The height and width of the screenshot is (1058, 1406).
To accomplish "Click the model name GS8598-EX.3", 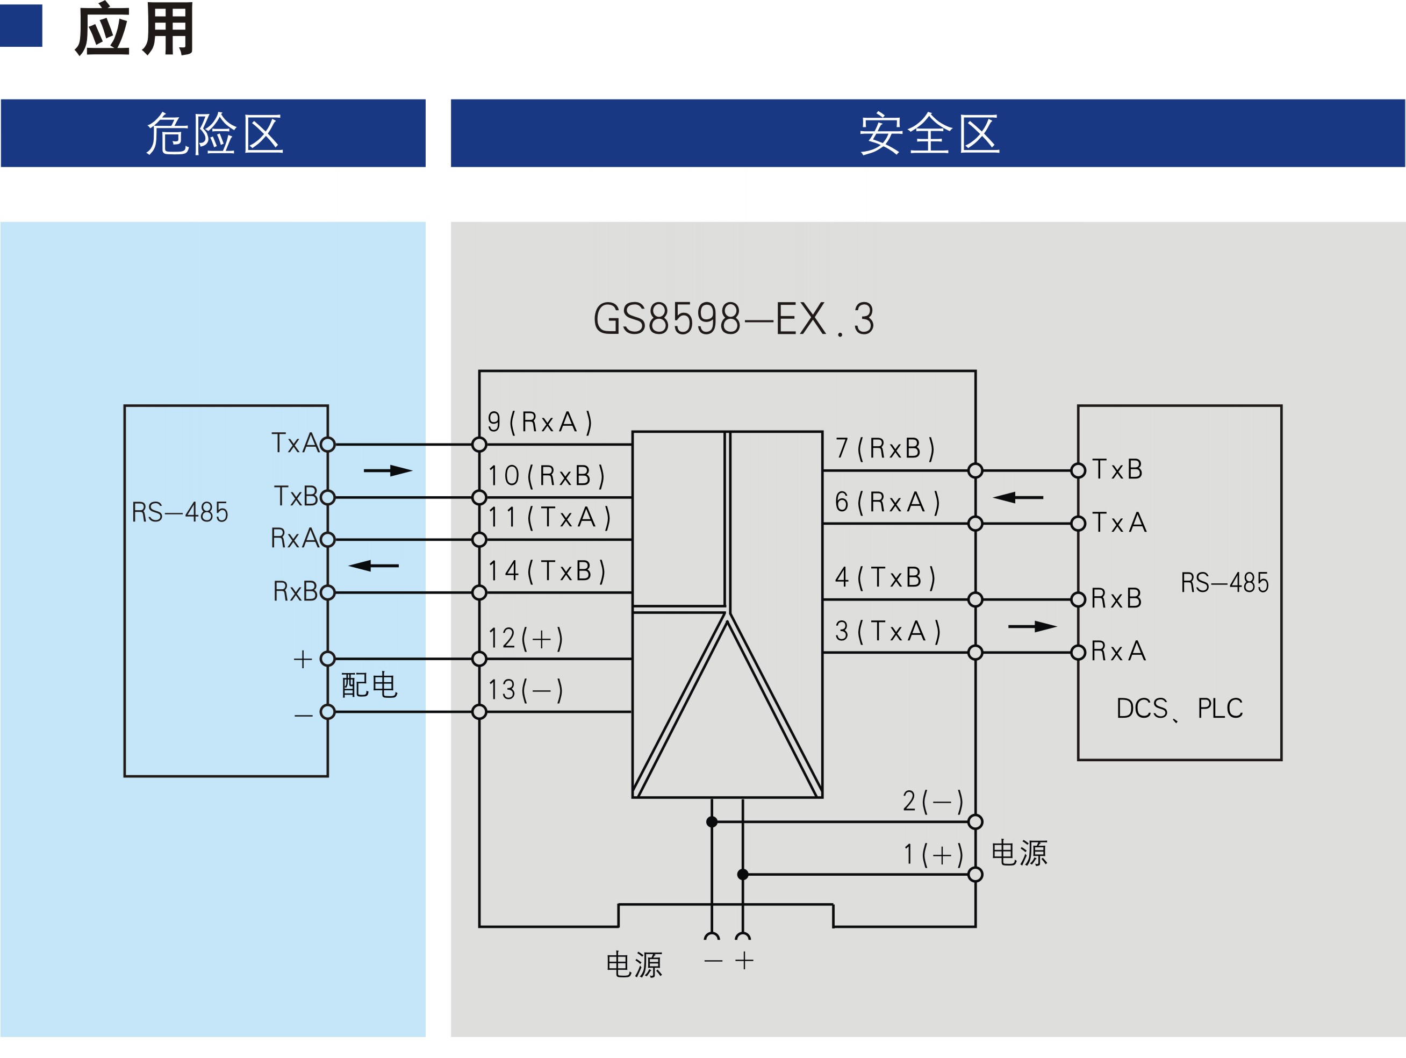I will [x=734, y=319].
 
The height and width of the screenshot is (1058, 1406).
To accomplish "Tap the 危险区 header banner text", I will [x=214, y=133].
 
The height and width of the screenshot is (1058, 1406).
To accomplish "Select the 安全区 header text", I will [x=929, y=133].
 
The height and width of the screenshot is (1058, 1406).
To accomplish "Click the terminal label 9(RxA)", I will [x=540, y=422].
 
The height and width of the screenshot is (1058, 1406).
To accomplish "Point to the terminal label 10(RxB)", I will [x=546, y=476].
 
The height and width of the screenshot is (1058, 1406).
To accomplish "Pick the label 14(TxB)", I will [x=546, y=571].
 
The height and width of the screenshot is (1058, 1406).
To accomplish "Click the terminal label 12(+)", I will [x=526, y=638].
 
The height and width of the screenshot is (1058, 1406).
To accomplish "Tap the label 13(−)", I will [x=526, y=690].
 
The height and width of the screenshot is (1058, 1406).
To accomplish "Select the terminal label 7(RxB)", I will [x=885, y=448].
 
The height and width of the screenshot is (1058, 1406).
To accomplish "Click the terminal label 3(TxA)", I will [x=887, y=631].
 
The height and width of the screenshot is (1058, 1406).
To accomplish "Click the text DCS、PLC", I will [x=1180, y=709].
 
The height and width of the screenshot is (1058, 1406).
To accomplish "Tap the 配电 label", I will [x=369, y=685].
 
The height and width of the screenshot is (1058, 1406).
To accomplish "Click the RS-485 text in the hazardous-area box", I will [x=180, y=512].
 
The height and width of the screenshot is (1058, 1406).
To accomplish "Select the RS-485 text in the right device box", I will [x=1225, y=583].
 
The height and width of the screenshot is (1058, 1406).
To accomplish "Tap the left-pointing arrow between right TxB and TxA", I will [x=1018, y=497].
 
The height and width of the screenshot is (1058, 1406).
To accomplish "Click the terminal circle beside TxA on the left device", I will [x=327, y=445].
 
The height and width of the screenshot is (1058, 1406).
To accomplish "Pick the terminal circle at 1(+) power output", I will [x=975, y=874].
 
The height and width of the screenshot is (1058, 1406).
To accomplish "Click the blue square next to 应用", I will [x=20, y=25].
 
